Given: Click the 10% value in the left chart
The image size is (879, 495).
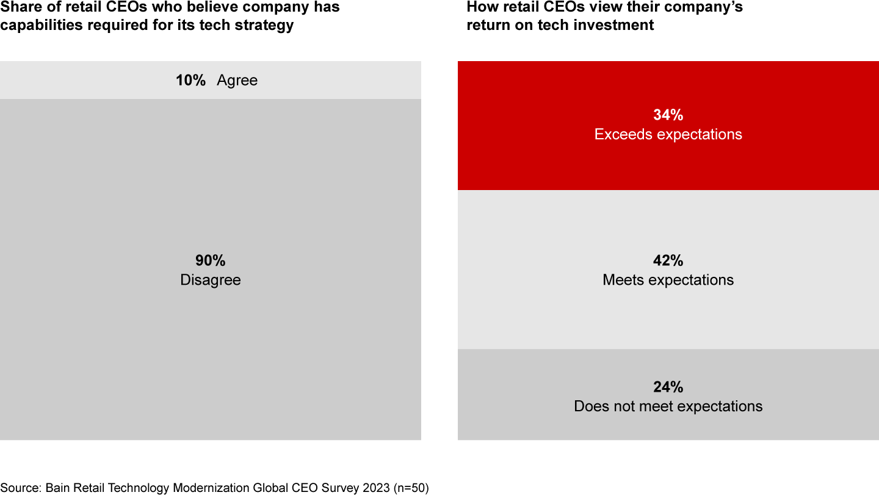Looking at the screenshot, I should point(190,81).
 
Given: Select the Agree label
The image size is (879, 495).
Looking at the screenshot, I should point(237,81).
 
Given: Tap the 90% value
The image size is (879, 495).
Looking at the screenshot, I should point(211,261).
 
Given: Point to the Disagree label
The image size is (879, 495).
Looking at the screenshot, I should point(211,280).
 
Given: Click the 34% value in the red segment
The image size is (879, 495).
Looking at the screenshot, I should point(668,115).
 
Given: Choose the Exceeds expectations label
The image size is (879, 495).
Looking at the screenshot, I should point(668,134).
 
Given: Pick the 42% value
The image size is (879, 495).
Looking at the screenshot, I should point(668,261).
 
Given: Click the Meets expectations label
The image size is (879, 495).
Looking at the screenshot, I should point(668,280).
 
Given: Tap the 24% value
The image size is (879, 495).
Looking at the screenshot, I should point(668,387).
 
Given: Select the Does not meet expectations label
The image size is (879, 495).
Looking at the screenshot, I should point(668,407).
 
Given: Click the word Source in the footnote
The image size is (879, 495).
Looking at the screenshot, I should point(20,488).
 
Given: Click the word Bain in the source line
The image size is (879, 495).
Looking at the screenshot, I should point(59,488).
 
